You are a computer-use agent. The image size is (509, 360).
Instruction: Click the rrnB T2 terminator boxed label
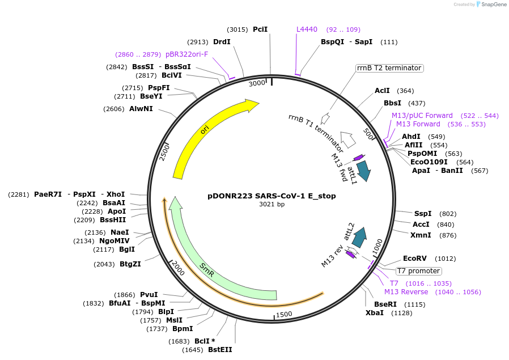tap(389, 68)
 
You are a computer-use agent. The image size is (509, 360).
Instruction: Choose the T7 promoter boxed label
tap(418, 271)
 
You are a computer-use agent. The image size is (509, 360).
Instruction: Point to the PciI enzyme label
tap(260, 29)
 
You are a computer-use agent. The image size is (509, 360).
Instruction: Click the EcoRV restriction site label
tap(414, 259)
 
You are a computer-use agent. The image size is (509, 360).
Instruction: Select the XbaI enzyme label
tap(375, 313)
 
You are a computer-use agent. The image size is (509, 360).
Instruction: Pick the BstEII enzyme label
tap(220, 350)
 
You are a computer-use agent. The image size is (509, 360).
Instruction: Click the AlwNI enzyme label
tap(141, 108)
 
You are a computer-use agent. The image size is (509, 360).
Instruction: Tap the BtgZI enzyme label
tap(130, 264)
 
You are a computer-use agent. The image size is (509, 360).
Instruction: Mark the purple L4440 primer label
tap(307, 29)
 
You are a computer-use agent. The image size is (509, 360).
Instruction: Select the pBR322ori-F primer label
tap(186, 54)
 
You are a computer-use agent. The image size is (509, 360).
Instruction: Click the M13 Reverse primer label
tap(406, 292)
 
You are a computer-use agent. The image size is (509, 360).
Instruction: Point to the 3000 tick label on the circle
tap(257, 83)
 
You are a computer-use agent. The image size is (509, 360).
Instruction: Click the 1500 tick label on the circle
tap(283, 314)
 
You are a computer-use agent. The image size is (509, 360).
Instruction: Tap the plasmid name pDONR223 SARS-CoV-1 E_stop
tap(272, 196)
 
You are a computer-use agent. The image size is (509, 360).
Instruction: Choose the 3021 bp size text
tap(272, 205)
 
